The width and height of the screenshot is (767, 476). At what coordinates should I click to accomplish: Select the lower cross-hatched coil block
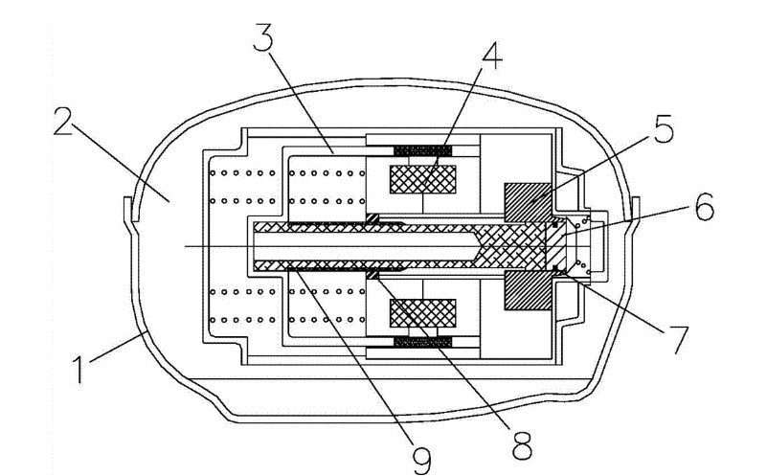point(422,313)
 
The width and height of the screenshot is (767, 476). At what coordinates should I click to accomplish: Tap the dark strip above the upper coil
point(422,149)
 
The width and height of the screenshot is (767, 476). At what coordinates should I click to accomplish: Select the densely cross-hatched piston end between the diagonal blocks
point(523,245)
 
